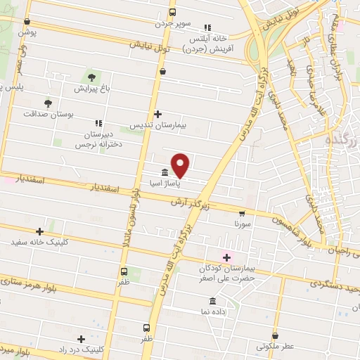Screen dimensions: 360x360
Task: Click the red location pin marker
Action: coord(181,165)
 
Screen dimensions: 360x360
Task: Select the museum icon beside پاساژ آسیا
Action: coord(164,172)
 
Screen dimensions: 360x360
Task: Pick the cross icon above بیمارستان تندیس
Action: coord(157,113)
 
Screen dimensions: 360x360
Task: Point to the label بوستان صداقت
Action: coord(48,112)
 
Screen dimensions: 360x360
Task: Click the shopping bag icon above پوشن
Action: coord(27,22)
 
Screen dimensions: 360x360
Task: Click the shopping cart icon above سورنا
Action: coord(242,212)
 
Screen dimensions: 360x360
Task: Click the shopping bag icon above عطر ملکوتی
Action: coord(274,335)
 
